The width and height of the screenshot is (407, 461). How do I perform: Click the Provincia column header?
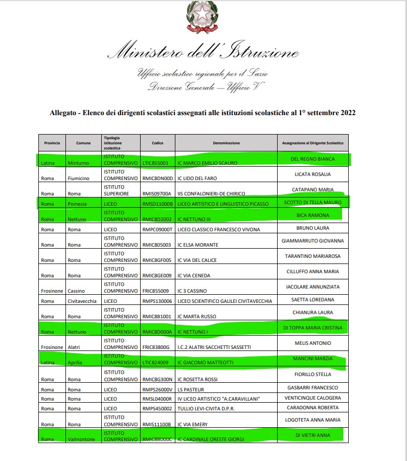tap(52, 143)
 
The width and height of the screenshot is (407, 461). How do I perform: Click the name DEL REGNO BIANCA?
tap(312, 159)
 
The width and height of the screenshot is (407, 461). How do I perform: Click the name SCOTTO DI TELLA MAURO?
tap(312, 203)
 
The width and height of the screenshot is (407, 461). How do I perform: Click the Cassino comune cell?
tap(76, 291)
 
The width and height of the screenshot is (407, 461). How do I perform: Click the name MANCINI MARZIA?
tap(312, 358)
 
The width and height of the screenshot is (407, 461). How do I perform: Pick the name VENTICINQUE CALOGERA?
tap(312, 398)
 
